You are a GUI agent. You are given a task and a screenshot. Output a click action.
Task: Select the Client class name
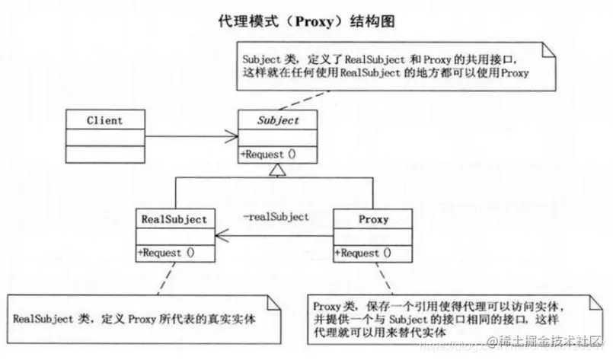(104, 120)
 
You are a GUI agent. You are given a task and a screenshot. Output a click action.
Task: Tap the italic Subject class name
(277, 120)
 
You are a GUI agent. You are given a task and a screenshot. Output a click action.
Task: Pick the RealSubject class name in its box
(174, 219)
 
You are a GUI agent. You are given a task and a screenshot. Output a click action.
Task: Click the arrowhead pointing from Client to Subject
(232, 137)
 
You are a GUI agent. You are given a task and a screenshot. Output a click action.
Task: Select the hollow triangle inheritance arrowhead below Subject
(277, 170)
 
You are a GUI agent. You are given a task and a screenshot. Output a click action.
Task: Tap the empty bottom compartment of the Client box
(104, 155)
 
